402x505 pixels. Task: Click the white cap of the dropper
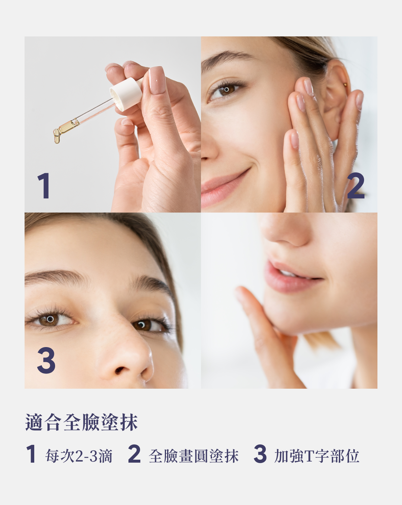[x=126, y=94]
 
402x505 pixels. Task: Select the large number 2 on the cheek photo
[x=356, y=186]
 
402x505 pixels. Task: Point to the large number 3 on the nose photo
[x=46, y=360]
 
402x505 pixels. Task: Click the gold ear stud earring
[x=345, y=84]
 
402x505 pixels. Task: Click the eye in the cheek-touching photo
[x=226, y=90]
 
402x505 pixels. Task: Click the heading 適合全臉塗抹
[x=82, y=423]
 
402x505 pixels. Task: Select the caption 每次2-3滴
[x=79, y=456]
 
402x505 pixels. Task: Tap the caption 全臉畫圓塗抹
[x=194, y=456]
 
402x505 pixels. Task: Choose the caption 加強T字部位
[x=317, y=456]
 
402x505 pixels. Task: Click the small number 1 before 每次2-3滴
[x=31, y=454]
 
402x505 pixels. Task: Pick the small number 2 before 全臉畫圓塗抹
[x=134, y=454]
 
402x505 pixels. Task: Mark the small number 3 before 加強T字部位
[x=260, y=454]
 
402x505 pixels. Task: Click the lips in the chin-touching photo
[x=291, y=277]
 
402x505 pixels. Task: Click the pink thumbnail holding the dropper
[x=157, y=80]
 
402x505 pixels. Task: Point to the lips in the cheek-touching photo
[x=223, y=188]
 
